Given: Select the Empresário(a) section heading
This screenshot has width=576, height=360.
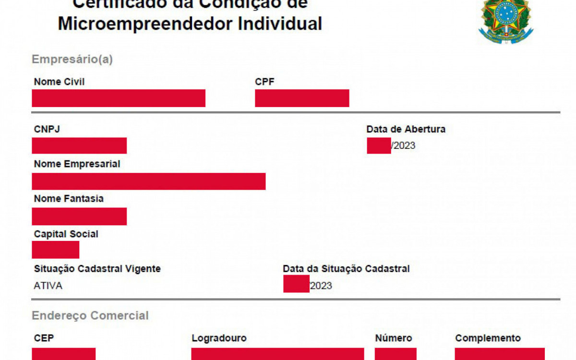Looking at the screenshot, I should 72,60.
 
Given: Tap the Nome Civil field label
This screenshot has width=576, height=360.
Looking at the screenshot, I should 59,82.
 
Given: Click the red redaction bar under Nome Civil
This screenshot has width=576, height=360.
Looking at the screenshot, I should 119,98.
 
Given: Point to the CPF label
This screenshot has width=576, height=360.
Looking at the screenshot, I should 264,82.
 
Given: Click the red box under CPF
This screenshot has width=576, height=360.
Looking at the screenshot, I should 302,98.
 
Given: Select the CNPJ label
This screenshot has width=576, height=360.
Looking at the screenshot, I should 47,129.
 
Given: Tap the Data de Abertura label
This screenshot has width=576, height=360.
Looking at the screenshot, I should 406,129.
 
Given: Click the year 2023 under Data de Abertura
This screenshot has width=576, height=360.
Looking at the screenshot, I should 404,146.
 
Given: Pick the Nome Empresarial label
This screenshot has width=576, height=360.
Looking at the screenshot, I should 77,164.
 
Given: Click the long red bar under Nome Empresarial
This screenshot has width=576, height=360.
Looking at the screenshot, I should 149,181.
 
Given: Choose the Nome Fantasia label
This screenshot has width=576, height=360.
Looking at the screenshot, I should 69,199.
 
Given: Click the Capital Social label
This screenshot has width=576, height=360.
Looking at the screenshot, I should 66,234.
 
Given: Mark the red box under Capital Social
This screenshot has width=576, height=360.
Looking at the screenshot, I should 56,250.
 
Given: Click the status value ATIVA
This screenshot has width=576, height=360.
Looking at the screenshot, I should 48,286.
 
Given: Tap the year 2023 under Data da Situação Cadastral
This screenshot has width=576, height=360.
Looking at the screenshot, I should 321,286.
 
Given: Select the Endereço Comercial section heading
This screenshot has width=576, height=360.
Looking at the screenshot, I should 90,316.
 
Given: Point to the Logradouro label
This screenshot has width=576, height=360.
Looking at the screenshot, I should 219,338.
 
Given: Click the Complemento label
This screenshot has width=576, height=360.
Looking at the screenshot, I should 488,338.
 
